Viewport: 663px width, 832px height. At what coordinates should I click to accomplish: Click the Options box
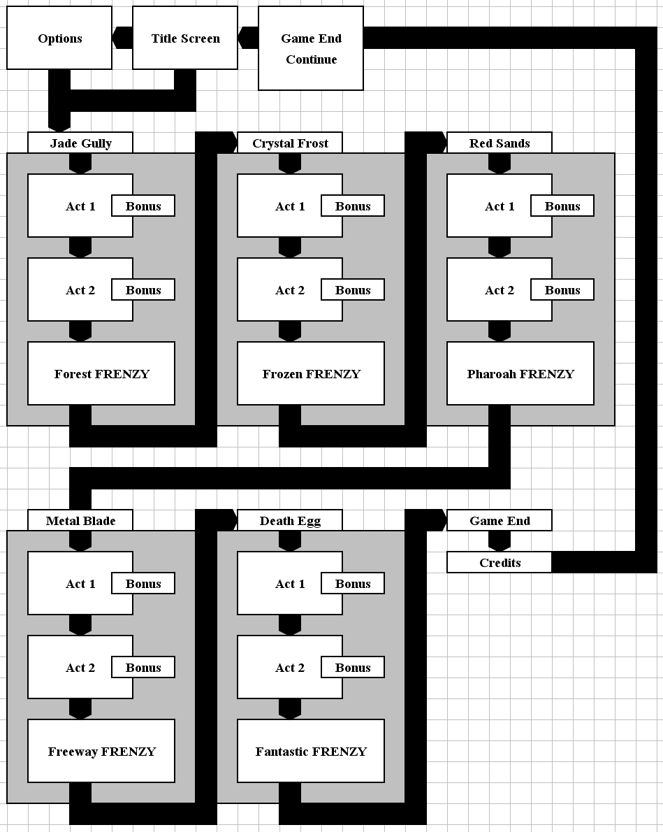[59, 38]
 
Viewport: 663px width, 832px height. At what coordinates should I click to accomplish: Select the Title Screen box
[185, 38]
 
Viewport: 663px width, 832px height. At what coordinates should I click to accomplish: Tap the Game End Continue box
[311, 48]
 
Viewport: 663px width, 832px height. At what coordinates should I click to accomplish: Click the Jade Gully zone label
[80, 143]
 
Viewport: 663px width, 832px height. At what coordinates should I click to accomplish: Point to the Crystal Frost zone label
[290, 143]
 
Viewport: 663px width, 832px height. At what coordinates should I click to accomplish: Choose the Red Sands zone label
[499, 143]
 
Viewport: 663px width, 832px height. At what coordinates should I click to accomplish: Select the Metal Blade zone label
[80, 521]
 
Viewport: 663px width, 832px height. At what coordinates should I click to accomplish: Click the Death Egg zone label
[290, 521]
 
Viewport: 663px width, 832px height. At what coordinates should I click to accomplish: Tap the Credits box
[499, 562]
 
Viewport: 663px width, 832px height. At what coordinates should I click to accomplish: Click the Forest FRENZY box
[101, 373]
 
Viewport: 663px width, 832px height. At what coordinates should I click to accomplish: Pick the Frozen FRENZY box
[311, 373]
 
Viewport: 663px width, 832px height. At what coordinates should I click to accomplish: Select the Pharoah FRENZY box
[520, 373]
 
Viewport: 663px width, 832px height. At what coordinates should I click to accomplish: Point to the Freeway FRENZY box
[101, 751]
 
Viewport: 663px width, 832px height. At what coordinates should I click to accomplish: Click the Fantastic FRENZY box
[311, 751]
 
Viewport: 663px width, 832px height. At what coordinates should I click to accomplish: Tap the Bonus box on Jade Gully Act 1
[143, 206]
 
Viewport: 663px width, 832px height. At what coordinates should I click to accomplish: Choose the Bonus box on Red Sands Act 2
[562, 289]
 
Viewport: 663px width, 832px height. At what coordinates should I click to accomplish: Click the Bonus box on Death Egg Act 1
[353, 584]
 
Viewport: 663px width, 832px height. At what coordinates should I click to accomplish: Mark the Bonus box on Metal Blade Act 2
[143, 668]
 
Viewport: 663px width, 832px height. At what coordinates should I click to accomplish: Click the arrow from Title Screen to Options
[122, 38]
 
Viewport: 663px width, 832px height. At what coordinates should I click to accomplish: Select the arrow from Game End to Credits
[499, 541]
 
